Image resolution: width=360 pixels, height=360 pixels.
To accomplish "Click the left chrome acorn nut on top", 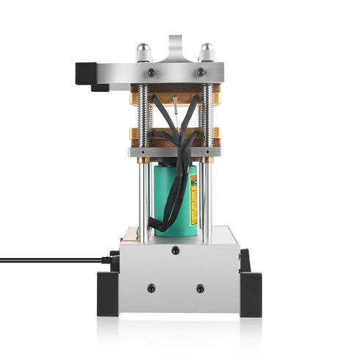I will [145, 52].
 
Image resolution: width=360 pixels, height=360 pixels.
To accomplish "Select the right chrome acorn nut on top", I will [207, 52].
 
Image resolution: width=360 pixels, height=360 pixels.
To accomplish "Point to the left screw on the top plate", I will [151, 73].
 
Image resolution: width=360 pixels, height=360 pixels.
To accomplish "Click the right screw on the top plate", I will [201, 73].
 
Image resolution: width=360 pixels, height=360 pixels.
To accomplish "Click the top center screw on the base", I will [175, 251].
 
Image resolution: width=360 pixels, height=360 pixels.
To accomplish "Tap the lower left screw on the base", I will [151, 289].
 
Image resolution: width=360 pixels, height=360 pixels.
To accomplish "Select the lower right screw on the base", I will [200, 289].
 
